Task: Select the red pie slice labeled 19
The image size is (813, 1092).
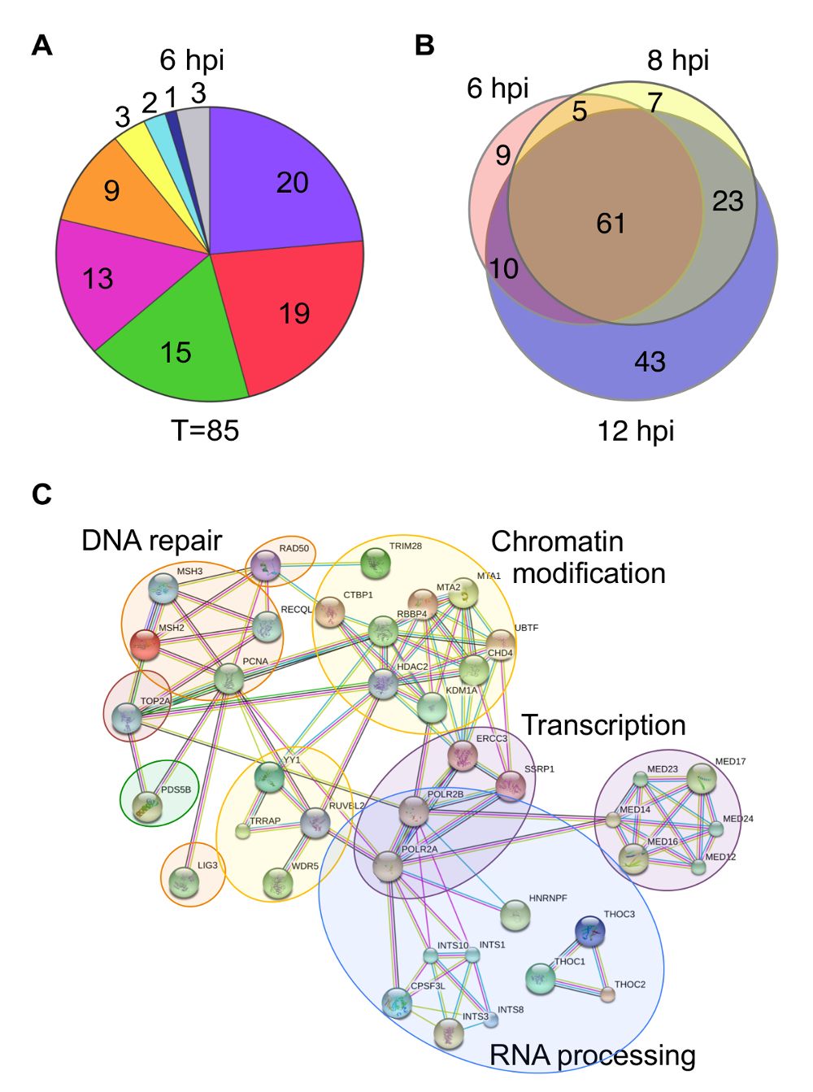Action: point(295,310)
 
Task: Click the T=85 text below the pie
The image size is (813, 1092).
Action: point(205,430)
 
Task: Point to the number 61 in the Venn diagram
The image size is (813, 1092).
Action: point(611,223)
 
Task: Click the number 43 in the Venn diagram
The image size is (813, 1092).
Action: point(650,361)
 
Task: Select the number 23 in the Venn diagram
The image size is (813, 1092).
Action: point(728,201)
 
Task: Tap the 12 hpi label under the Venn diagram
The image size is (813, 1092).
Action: point(635,431)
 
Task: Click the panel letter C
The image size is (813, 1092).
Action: point(41,494)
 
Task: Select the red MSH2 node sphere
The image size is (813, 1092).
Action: point(145,645)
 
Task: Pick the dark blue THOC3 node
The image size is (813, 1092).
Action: point(590,931)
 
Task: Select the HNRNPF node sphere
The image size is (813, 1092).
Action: point(515,916)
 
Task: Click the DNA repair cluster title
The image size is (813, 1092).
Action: point(152,541)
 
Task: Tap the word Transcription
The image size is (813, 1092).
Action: point(604,725)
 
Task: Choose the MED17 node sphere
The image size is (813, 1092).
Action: point(702,778)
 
